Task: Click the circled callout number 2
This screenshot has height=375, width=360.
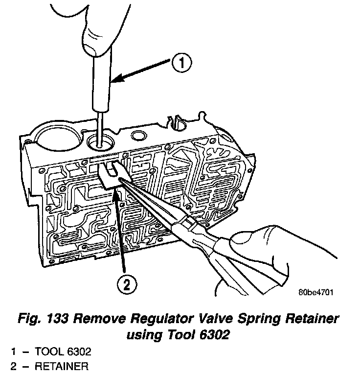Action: (127, 284)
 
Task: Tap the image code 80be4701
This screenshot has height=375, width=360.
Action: (315, 293)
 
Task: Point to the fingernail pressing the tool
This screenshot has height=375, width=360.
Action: (91, 47)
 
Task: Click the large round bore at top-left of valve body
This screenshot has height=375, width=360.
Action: (55, 137)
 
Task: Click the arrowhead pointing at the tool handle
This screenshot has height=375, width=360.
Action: (113, 80)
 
